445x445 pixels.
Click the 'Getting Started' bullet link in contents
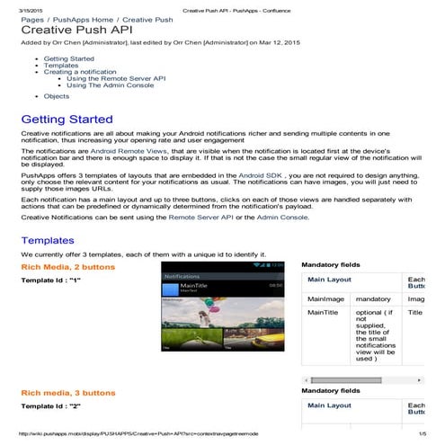pyautogui.click(x=68, y=58)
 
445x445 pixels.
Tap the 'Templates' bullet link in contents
pyautogui.click(x=60, y=66)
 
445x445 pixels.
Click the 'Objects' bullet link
pyautogui.click(x=57, y=96)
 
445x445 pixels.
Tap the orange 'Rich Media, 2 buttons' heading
pyautogui.click(x=68, y=267)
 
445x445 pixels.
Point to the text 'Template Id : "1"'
pyautogui.click(x=51, y=281)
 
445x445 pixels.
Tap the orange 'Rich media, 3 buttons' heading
pyautogui.click(x=68, y=393)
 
